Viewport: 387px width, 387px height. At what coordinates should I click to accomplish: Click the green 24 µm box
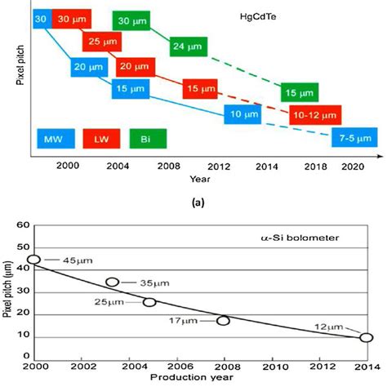click(x=189, y=47)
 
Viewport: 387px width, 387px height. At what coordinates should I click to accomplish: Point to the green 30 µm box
click(x=135, y=20)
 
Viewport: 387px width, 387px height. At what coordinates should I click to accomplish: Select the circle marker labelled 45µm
click(x=34, y=260)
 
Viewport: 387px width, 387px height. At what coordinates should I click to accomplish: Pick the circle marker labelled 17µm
click(x=223, y=320)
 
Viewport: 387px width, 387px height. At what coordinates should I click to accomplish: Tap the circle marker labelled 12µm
click(x=366, y=337)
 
